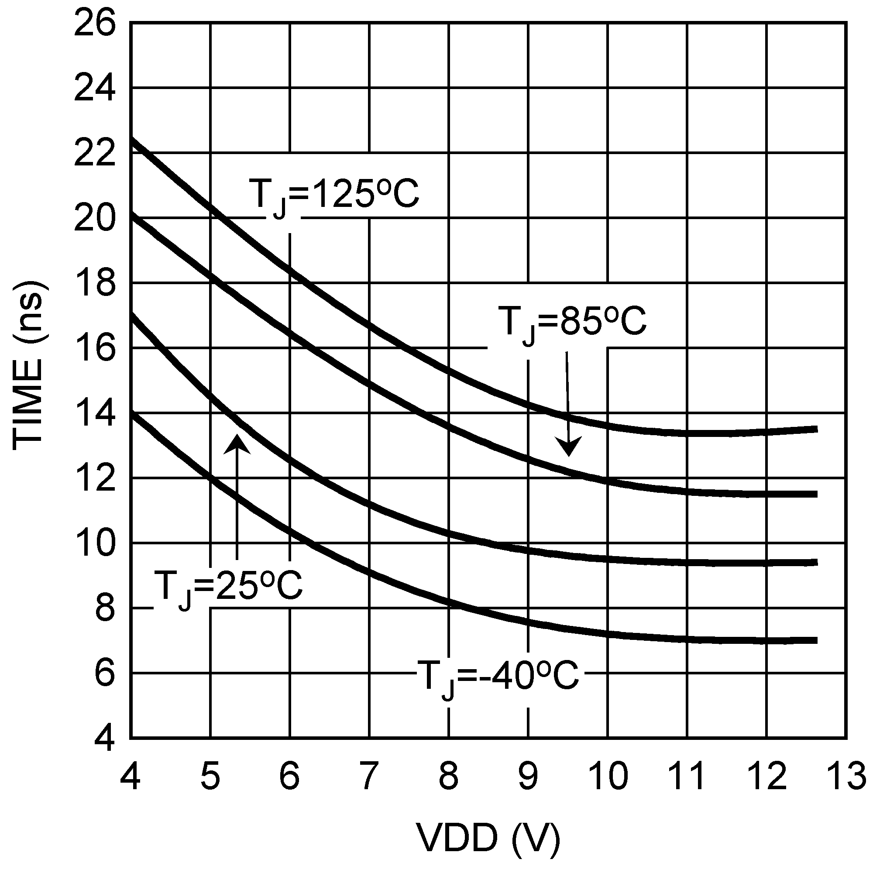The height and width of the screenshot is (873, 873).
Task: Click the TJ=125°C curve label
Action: pos(333,195)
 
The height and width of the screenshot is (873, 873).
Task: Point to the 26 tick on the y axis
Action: pos(94,24)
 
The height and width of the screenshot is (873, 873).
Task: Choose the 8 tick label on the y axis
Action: pos(105,609)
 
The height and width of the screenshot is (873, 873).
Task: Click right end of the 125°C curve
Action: pos(816,429)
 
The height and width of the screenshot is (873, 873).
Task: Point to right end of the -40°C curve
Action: pos(816,640)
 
